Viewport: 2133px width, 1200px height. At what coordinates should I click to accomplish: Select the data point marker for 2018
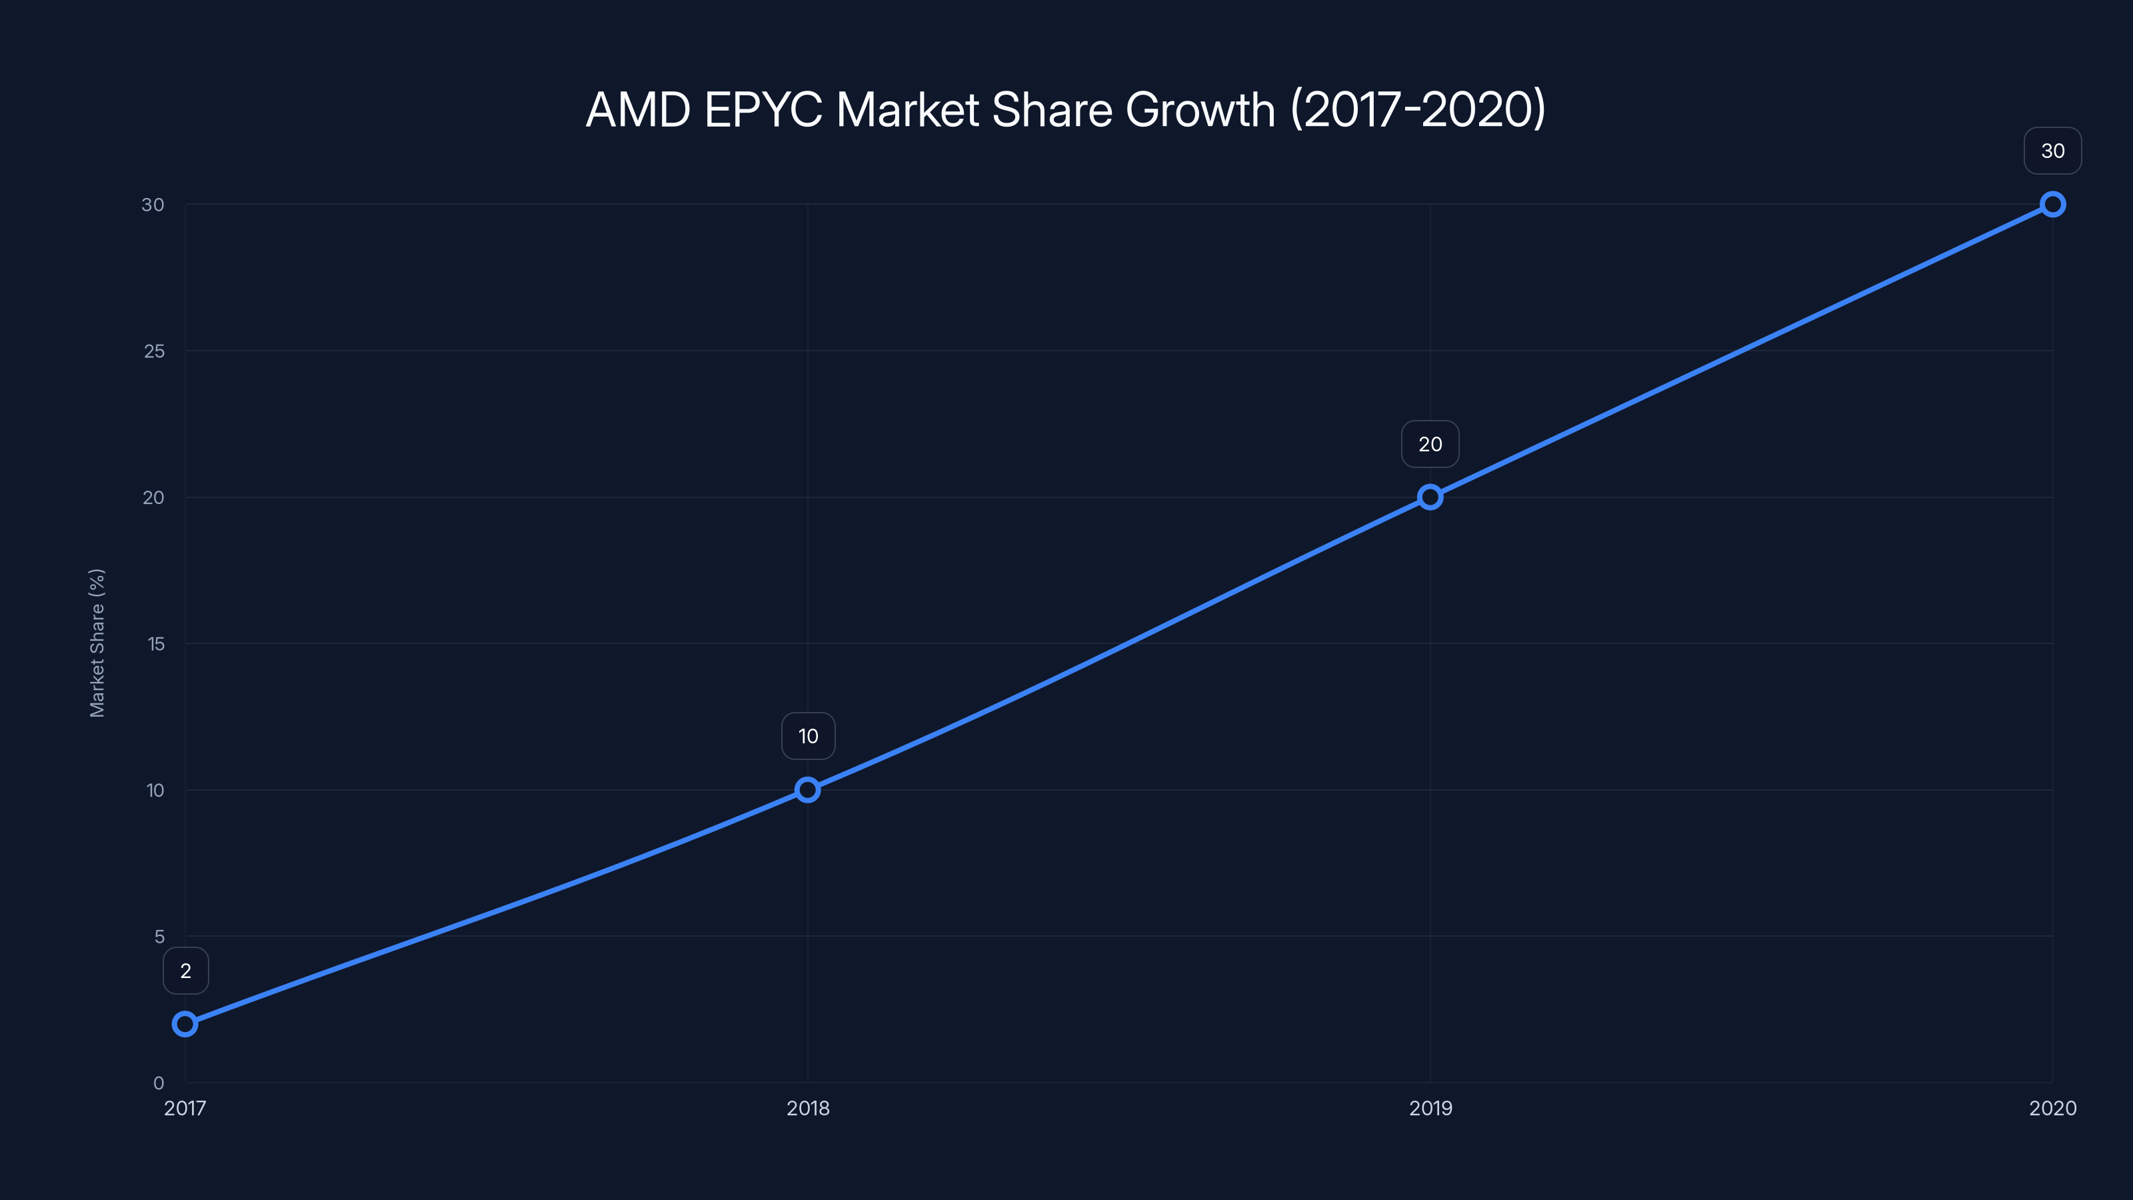click(x=807, y=789)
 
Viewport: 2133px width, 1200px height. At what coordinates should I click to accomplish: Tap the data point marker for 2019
click(x=1430, y=497)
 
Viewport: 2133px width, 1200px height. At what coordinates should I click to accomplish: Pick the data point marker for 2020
click(x=2053, y=204)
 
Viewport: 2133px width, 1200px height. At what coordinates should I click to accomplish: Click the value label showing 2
click(x=185, y=971)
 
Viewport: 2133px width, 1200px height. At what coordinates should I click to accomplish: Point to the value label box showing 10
click(x=808, y=736)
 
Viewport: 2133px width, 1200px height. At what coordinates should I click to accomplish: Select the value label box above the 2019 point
click(x=1430, y=444)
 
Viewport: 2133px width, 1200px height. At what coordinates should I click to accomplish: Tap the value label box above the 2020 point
click(x=2053, y=151)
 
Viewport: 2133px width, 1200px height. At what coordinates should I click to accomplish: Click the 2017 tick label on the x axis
click(x=185, y=1108)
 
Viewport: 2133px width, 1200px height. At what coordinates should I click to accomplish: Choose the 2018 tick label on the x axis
click(x=807, y=1108)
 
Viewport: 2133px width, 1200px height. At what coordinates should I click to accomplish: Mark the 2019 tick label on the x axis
click(x=1430, y=1108)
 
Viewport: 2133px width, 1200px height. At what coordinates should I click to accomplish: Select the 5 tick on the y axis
click(x=159, y=936)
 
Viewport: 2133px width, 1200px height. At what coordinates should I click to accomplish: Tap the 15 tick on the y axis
click(x=156, y=643)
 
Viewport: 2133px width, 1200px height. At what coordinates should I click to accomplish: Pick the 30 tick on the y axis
click(x=153, y=204)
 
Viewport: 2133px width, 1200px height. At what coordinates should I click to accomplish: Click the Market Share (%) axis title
click(x=97, y=643)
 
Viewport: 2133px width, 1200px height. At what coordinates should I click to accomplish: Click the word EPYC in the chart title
click(x=763, y=109)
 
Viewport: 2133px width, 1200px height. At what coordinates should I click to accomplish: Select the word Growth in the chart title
click(x=1200, y=109)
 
